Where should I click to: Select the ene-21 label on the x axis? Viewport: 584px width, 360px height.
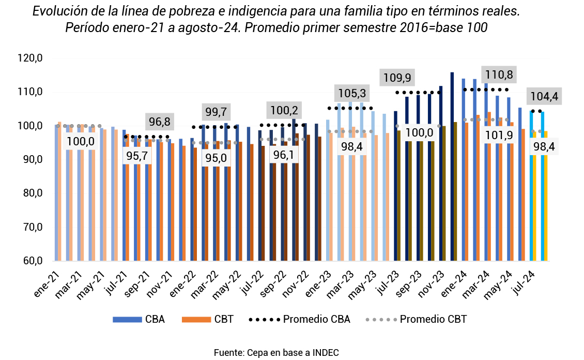coord(45,283)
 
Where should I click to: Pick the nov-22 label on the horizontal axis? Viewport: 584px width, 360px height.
coord(299,284)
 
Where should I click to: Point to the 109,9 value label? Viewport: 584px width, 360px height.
coord(397,78)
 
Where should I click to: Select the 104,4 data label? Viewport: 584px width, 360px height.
coord(543,96)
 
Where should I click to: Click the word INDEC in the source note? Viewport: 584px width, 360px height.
coord(326,353)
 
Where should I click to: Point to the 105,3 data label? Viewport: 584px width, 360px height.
coord(351,94)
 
